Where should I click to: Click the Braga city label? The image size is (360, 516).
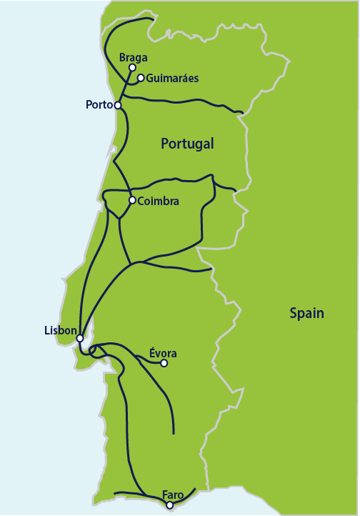point(134,56)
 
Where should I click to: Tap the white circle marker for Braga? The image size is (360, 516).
point(132,67)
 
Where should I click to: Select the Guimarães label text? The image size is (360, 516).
point(171,78)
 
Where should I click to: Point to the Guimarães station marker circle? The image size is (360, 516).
point(141,78)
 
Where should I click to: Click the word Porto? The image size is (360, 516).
point(99,105)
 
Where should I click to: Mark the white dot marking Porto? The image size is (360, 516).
point(118,105)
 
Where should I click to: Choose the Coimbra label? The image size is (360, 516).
point(158,202)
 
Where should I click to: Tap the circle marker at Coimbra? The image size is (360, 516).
point(132,200)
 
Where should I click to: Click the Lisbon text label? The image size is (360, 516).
point(60,330)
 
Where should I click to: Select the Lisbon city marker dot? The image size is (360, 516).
point(80,338)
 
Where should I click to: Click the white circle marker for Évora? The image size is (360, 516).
point(164,363)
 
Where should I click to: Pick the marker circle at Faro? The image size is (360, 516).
point(169,505)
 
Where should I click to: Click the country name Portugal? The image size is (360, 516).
point(187,144)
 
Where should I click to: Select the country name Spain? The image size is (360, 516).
point(306,313)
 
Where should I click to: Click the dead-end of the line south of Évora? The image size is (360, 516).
point(174,433)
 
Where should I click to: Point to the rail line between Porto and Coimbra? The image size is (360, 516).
point(124,154)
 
